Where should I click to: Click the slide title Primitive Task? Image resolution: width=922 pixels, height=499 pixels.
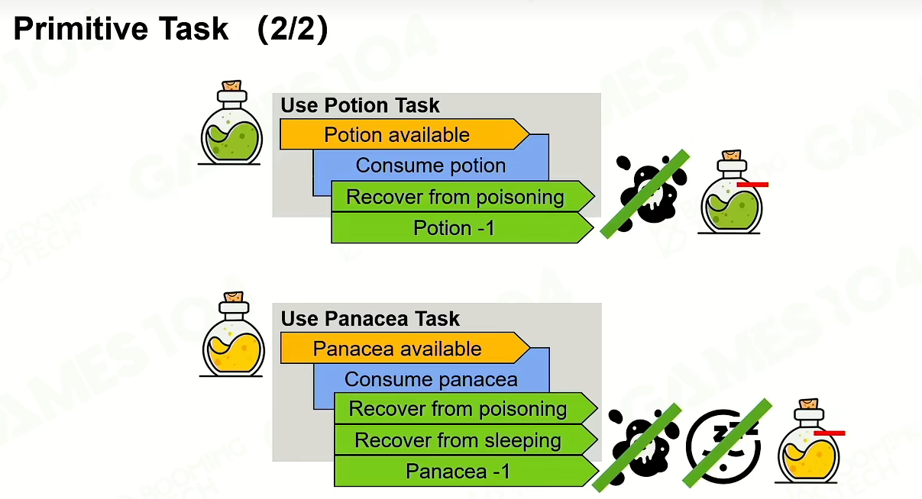(121, 29)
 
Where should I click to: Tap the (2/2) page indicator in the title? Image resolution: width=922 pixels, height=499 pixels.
(293, 29)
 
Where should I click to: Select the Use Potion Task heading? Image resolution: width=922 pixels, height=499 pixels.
(360, 105)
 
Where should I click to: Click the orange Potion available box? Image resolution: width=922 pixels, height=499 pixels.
(404, 134)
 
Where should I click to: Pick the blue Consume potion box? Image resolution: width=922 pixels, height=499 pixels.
(431, 166)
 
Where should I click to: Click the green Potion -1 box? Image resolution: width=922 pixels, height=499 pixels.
(462, 227)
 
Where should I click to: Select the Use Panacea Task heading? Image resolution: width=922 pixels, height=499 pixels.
(370, 319)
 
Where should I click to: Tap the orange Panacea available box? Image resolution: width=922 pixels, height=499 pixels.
(405, 348)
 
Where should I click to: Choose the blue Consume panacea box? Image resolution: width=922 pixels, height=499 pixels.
(431, 379)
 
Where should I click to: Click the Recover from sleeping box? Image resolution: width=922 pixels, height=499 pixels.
(465, 439)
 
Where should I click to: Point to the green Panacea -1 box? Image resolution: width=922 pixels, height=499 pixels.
(465, 471)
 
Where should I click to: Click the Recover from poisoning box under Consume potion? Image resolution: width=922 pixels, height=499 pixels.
(463, 197)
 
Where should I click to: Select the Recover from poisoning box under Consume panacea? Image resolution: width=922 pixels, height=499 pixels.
(465, 408)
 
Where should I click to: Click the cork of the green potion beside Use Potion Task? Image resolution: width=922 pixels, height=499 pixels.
(231, 85)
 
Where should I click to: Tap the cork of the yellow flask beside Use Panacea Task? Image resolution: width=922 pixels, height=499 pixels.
(234, 297)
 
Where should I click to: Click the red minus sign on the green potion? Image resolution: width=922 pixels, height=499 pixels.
(752, 185)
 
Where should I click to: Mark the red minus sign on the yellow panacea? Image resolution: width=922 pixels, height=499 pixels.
(830, 433)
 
